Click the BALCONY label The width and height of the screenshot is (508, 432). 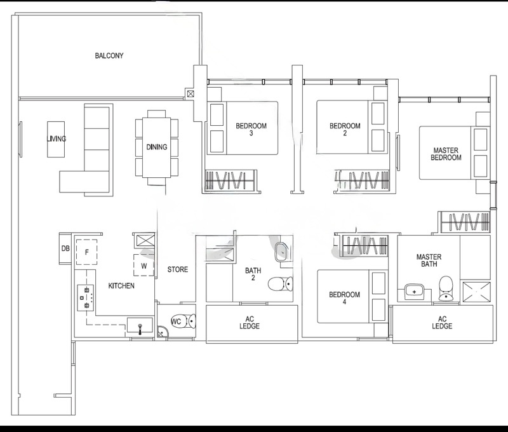pos(109,56)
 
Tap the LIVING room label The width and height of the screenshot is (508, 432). pos(57,138)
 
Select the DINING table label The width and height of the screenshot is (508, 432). pos(156,147)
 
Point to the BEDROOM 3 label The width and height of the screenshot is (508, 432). pos(251,130)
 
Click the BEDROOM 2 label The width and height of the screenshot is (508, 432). pos(345,130)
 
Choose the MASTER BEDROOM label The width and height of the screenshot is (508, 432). pos(446,154)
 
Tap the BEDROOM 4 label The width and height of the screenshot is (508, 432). pos(344,298)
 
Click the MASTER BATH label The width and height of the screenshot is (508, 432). pos(429,260)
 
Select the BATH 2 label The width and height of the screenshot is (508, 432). pos(253,274)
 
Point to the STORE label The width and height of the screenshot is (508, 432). pos(178,269)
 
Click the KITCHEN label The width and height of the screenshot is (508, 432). pos(121,286)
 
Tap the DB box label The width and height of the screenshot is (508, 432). pos(65,248)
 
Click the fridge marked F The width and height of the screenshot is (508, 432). pos(86,252)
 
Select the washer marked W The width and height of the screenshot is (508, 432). pos(144,265)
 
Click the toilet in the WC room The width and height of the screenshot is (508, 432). pos(184,321)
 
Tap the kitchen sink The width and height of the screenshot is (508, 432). pos(140,325)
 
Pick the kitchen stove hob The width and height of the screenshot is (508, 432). pos(86,298)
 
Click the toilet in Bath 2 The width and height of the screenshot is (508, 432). pos(281,284)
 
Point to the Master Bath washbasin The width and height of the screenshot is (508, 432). pos(415,292)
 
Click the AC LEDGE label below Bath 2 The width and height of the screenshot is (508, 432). pos(250,323)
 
